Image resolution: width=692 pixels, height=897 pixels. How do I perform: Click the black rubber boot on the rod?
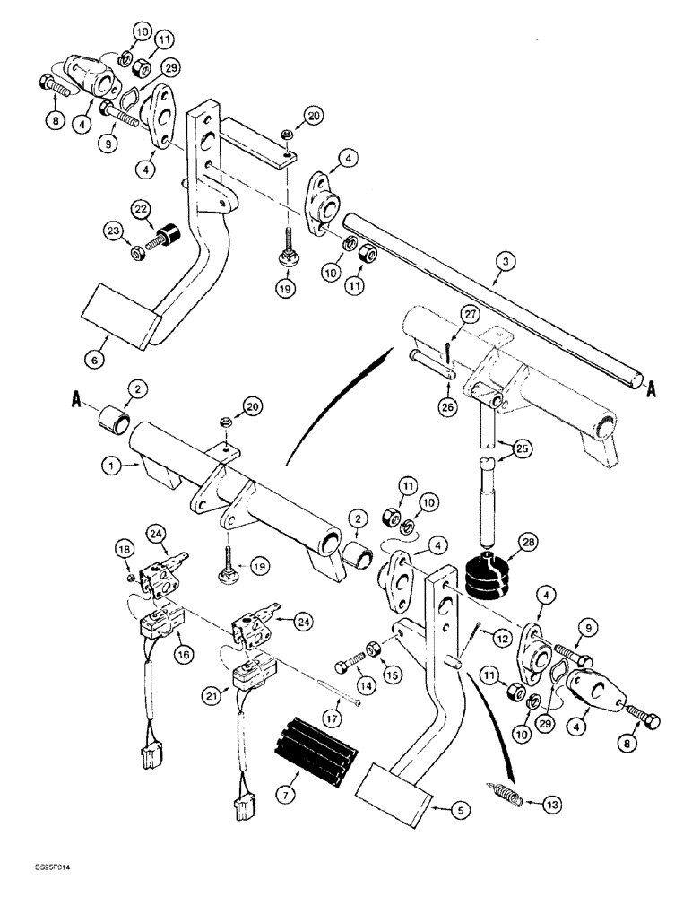(489, 578)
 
